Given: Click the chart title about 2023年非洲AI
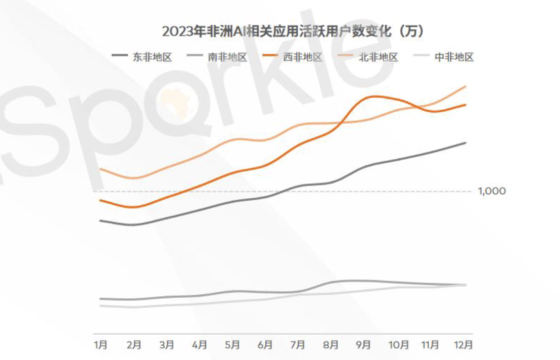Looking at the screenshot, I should tap(293, 31).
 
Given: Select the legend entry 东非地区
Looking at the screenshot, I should tap(152, 57).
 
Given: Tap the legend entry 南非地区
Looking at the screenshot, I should tap(227, 57).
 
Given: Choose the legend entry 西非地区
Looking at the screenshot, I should tap(302, 57).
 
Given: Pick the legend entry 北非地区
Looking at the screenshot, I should tap(379, 57).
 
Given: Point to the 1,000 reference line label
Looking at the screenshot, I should tap(492, 191).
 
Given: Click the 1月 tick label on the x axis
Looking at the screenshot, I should tap(101, 345).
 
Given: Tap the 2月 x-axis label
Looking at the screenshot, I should tap(133, 345).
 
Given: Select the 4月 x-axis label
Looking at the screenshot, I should tap(199, 345).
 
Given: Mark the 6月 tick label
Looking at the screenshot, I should tap(265, 345).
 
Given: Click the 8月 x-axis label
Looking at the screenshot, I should tap(331, 345).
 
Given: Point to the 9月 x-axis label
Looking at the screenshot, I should tap(363, 345).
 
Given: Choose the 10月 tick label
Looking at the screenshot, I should tap(398, 345).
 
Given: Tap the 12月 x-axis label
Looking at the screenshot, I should tap(463, 345).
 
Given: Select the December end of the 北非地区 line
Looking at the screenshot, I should tap(465, 86).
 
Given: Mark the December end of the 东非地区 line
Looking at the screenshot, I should tap(465, 143).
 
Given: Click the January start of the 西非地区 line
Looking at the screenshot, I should tap(101, 200).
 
